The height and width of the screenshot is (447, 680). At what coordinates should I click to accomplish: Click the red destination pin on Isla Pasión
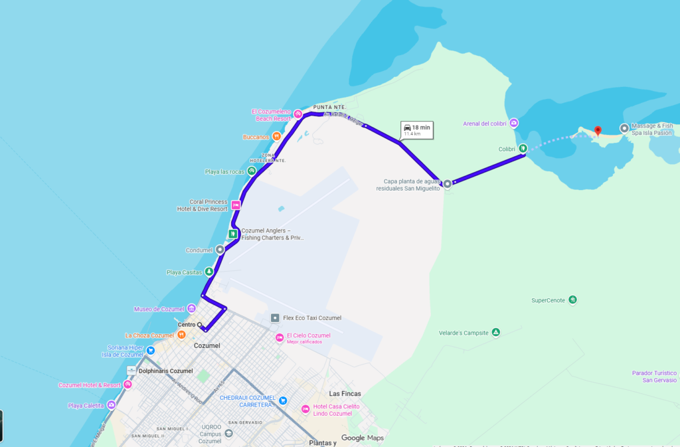click(598, 131)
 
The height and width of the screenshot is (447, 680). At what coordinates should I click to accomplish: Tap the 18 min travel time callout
click(416, 130)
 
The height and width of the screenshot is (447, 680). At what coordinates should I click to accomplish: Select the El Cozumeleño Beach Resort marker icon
click(298, 114)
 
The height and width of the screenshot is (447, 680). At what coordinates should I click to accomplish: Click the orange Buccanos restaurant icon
click(276, 137)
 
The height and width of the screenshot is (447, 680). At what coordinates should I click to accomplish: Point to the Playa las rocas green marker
click(252, 171)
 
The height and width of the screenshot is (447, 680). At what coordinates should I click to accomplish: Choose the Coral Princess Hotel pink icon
click(235, 205)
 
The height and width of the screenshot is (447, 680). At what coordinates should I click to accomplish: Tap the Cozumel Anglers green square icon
click(233, 234)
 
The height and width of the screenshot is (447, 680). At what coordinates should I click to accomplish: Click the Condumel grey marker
click(220, 250)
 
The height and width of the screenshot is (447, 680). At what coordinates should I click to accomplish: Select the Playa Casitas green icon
click(209, 272)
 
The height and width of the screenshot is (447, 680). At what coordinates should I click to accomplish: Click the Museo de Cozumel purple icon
click(191, 308)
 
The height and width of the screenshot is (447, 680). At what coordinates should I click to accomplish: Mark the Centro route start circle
click(199, 325)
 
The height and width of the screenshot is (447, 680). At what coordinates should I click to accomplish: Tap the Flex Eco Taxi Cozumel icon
click(275, 318)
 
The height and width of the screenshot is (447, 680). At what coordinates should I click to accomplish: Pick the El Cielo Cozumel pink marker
click(280, 338)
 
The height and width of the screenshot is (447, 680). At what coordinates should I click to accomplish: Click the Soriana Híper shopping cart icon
click(151, 350)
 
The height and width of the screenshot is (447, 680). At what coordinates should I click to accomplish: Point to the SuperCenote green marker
click(572, 300)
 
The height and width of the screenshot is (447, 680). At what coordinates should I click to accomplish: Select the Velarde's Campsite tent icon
click(495, 332)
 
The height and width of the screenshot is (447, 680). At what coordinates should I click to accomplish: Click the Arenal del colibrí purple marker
click(514, 123)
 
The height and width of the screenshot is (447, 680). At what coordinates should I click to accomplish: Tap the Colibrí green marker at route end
click(523, 148)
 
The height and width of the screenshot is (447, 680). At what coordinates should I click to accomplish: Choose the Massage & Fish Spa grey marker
click(624, 128)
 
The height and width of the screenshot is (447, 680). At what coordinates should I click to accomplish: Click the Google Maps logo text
click(363, 438)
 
